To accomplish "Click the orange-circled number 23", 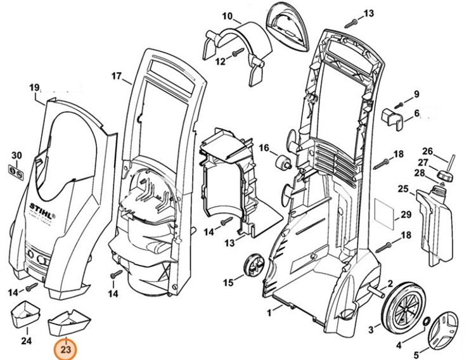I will [67, 349].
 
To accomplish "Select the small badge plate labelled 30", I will [18, 170].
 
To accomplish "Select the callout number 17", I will [116, 76].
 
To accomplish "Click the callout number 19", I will [34, 87].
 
